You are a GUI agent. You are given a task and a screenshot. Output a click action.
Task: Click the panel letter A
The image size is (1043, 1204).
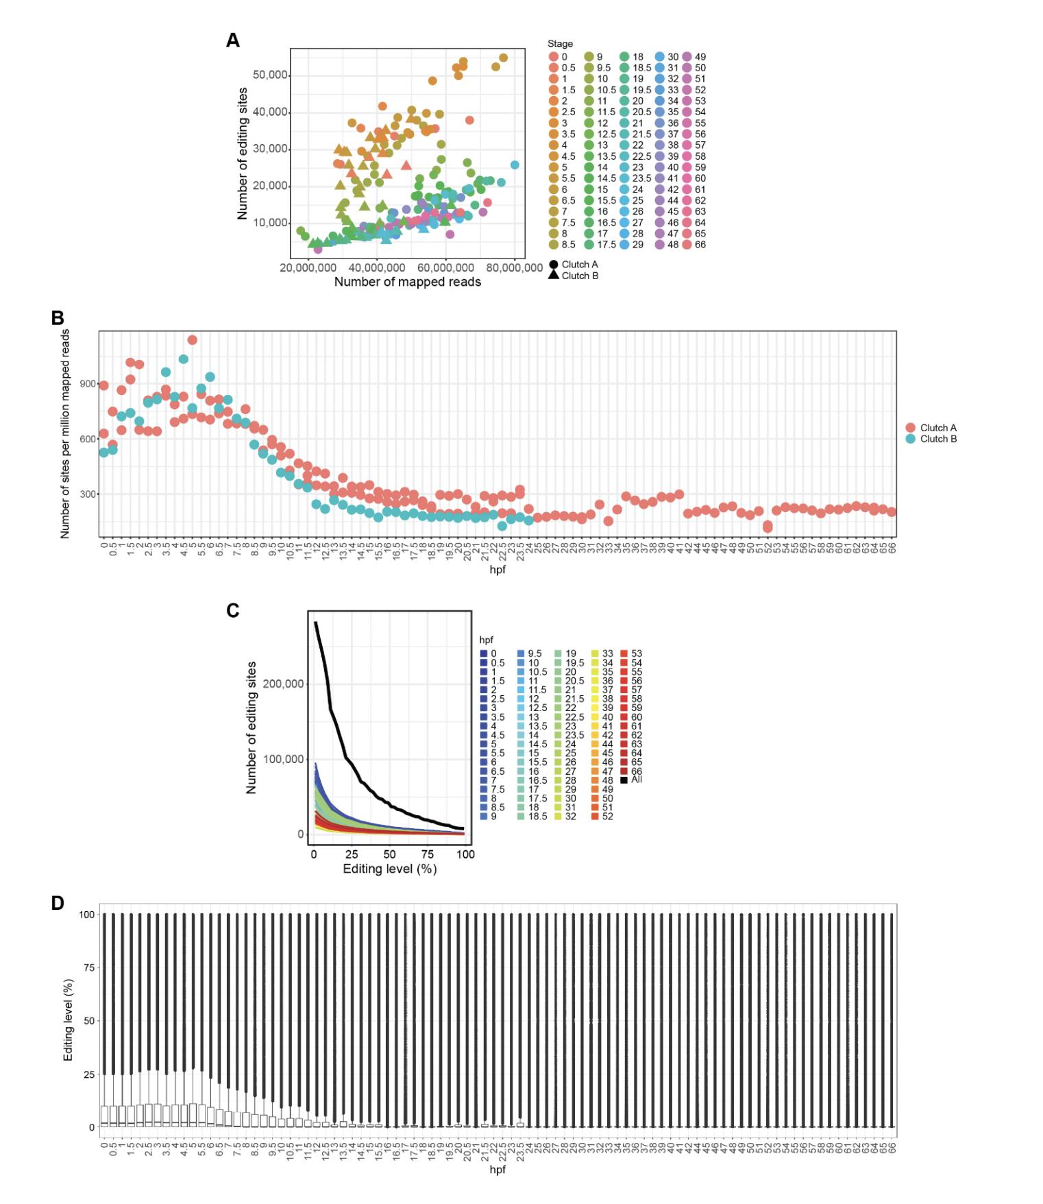pyautogui.click(x=233, y=40)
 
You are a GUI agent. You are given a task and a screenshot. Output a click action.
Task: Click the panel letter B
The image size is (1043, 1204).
pyautogui.click(x=58, y=317)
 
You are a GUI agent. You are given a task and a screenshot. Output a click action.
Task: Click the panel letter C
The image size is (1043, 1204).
pyautogui.click(x=233, y=610)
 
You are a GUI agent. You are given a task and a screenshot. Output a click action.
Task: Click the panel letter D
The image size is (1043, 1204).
pyautogui.click(x=58, y=903)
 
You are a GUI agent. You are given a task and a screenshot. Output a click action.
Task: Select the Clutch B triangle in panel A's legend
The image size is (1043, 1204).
pyautogui.click(x=554, y=276)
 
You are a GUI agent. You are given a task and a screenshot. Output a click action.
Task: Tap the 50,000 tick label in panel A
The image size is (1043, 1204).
pyautogui.click(x=269, y=75)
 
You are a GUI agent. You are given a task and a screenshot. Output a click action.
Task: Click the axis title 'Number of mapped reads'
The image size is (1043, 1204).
pyautogui.click(x=407, y=282)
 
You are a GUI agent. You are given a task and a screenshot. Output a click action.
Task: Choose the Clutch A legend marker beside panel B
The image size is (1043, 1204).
pyautogui.click(x=910, y=428)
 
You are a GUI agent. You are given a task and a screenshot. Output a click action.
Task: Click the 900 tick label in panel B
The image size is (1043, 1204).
pyautogui.click(x=87, y=384)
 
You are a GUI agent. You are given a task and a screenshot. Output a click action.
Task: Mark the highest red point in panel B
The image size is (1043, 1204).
pyautogui.click(x=193, y=340)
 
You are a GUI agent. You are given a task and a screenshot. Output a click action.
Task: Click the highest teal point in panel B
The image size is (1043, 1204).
pyautogui.click(x=184, y=359)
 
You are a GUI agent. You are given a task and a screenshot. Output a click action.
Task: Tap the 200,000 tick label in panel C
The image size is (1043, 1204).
pyautogui.click(x=282, y=684)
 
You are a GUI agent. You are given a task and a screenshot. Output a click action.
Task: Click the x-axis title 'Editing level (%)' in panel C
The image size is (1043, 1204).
pyautogui.click(x=389, y=869)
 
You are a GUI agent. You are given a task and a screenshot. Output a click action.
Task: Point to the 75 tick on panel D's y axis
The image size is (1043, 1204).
pyautogui.click(x=88, y=967)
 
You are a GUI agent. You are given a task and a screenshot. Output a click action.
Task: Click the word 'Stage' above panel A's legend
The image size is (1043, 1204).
pyautogui.click(x=560, y=44)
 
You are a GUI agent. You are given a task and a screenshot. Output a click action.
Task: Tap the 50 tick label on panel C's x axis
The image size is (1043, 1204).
pyautogui.click(x=389, y=854)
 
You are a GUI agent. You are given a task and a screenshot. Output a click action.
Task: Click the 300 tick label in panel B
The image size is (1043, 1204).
pyautogui.click(x=87, y=494)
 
